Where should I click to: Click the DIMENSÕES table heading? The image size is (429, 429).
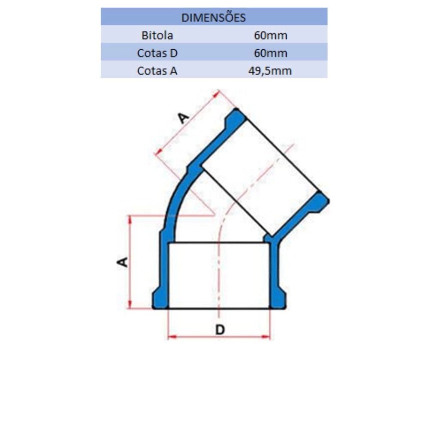pyautogui.click(x=213, y=18)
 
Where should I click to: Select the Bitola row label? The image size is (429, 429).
pyautogui.click(x=157, y=35)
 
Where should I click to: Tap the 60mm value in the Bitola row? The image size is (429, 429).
pyautogui.click(x=270, y=35)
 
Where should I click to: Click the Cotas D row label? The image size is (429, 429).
pyautogui.click(x=157, y=53)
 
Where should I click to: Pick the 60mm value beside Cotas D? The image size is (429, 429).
pyautogui.click(x=270, y=53)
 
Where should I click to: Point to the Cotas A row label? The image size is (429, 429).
pyautogui.click(x=157, y=71)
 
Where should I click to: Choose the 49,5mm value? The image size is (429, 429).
pyautogui.click(x=270, y=71)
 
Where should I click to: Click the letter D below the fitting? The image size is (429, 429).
pyautogui.click(x=220, y=329)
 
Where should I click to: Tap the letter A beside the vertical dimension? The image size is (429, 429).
pyautogui.click(x=122, y=262)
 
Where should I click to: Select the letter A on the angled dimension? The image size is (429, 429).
pyautogui.click(x=183, y=118)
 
